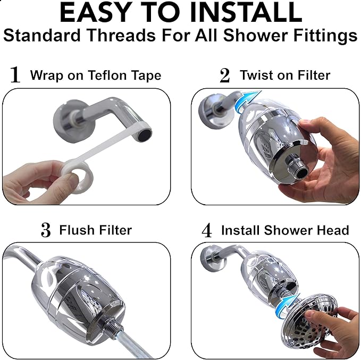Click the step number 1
click(x=15, y=75)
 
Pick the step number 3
click(x=45, y=231)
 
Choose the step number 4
click(x=206, y=231)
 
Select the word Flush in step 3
click(x=73, y=230)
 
